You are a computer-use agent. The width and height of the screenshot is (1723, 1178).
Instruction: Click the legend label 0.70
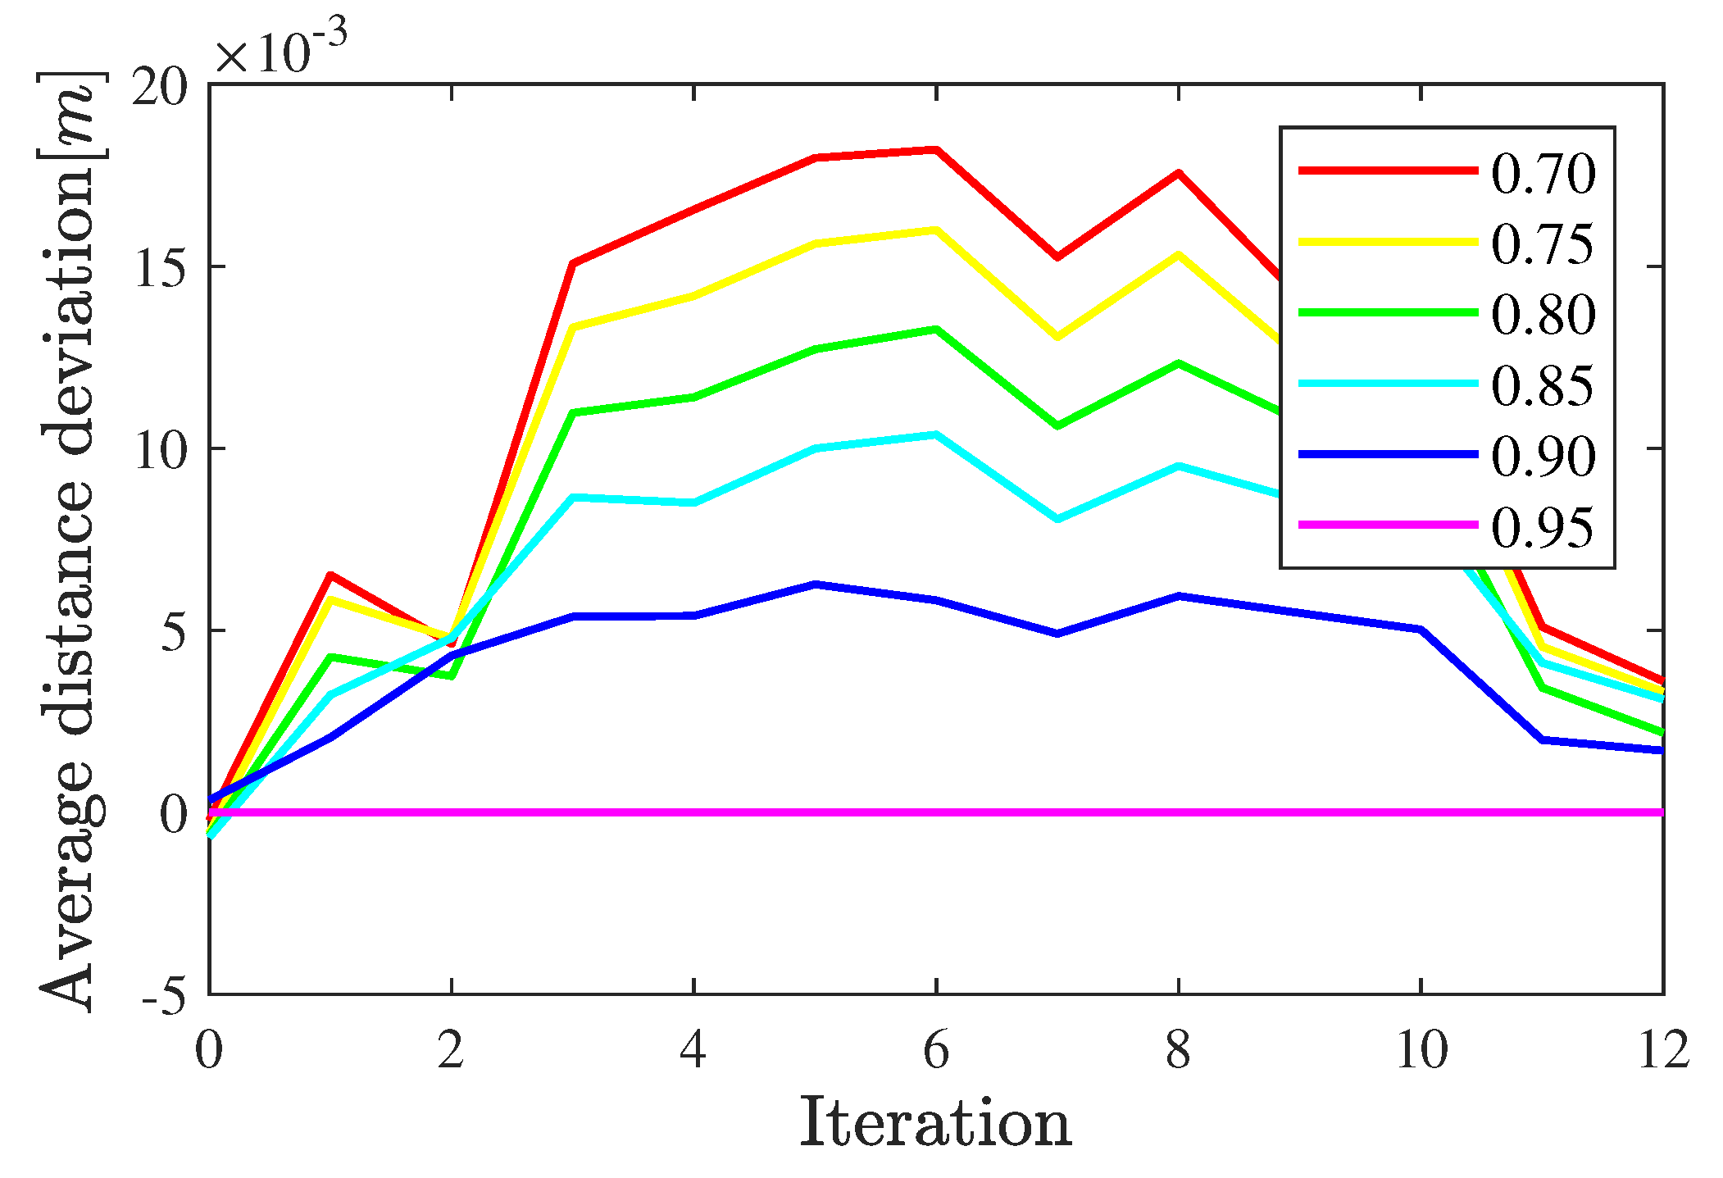(x=1542, y=173)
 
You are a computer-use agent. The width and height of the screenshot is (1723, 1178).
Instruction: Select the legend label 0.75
(x=1542, y=243)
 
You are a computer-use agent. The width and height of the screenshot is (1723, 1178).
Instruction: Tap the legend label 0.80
(x=1542, y=314)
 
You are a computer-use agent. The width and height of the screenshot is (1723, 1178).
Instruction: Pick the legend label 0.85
(x=1542, y=384)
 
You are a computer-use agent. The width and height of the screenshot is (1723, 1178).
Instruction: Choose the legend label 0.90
(x=1542, y=455)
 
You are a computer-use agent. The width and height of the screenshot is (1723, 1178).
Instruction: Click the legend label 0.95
(x=1542, y=526)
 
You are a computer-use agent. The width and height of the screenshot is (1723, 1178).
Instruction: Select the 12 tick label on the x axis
(x=1663, y=1049)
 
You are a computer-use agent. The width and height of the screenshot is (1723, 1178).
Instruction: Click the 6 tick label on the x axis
(x=936, y=1049)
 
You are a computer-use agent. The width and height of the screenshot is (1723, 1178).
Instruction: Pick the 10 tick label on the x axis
(x=1421, y=1049)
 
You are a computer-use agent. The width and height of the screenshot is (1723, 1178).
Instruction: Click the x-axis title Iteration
(x=935, y=1123)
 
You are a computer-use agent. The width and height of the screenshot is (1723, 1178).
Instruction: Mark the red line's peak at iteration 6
(x=936, y=150)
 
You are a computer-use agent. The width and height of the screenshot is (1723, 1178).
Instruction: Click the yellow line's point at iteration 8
(x=1179, y=255)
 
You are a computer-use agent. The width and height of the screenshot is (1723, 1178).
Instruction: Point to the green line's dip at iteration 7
(x=1057, y=425)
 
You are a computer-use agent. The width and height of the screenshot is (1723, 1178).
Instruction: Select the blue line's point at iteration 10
(x=1421, y=630)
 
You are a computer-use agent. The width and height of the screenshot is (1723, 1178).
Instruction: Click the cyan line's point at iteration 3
(x=573, y=498)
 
